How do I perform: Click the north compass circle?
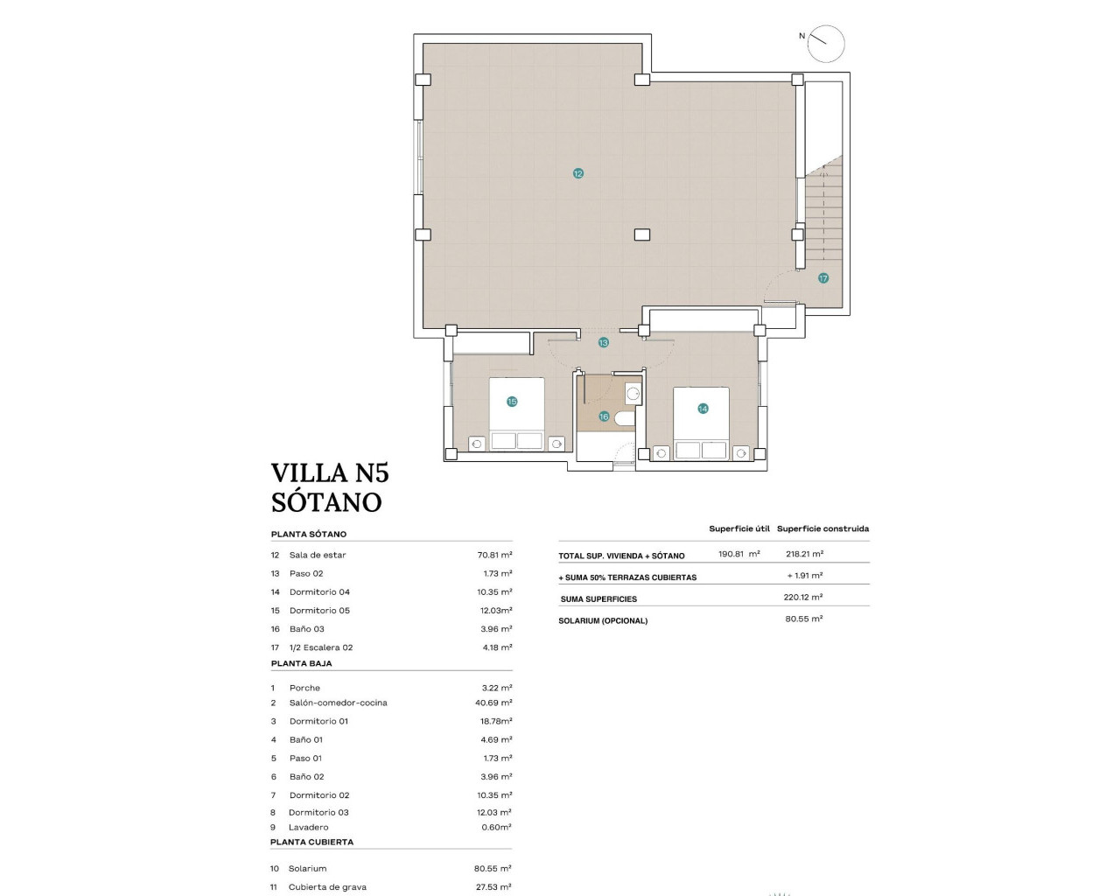[x=826, y=44]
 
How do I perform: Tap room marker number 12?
[x=577, y=173]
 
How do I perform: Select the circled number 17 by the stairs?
[x=822, y=278]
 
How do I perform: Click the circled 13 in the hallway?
[x=603, y=343]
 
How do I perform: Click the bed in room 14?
[x=701, y=423]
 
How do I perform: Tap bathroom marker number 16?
[x=604, y=416]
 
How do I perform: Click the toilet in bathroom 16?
[x=624, y=419]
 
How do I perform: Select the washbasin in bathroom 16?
[x=633, y=395]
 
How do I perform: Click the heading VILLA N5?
[x=330, y=472]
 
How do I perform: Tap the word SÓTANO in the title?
[x=326, y=502]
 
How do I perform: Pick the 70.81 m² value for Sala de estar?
[x=494, y=555]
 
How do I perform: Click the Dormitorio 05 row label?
[x=319, y=611]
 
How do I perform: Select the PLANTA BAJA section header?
[x=301, y=663]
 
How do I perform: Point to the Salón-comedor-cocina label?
[x=338, y=703]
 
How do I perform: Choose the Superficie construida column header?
[x=822, y=528]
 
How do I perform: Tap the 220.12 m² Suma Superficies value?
[x=802, y=598]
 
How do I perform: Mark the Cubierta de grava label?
[x=327, y=887]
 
